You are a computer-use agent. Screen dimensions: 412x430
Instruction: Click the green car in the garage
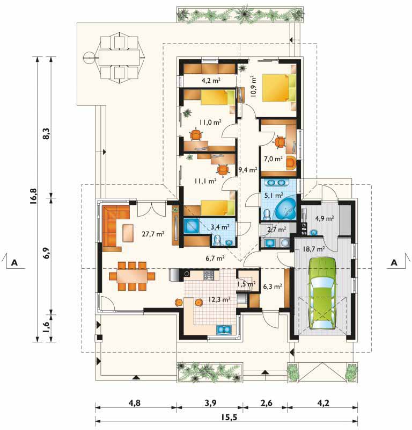click(322, 293)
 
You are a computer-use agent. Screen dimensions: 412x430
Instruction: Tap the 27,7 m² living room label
click(153, 234)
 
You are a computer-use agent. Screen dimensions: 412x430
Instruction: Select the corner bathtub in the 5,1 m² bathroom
click(285, 207)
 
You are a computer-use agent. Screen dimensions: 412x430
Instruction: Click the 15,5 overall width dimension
click(226, 417)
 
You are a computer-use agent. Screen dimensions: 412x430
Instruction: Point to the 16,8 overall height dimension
click(34, 196)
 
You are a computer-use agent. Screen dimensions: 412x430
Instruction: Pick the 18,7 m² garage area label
click(314, 249)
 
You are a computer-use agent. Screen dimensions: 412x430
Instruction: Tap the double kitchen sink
click(224, 329)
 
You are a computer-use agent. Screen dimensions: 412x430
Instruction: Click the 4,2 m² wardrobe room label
click(211, 80)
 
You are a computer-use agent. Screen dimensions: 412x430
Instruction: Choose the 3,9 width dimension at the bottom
click(210, 403)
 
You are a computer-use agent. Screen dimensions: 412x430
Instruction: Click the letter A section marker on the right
click(394, 262)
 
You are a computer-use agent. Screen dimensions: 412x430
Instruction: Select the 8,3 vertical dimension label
click(46, 133)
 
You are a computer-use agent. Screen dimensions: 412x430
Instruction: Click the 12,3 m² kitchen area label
click(219, 299)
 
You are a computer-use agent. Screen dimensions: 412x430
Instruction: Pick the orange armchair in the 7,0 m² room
click(291, 163)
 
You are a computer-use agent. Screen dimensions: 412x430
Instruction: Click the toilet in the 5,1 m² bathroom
click(267, 215)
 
